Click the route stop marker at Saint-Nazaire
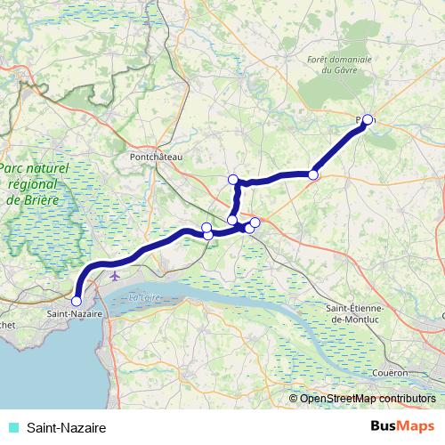pyautogui.click(x=76, y=301)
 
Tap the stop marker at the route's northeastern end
pyautogui.click(x=367, y=119)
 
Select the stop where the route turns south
pyautogui.click(x=234, y=180)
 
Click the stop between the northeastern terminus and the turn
pyautogui.click(x=313, y=174)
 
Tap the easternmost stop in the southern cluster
pyautogui.click(x=255, y=222)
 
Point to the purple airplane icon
pyautogui.click(x=115, y=276)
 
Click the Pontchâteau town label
pyautogui.click(x=156, y=157)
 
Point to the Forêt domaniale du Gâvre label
pyautogui.click(x=338, y=64)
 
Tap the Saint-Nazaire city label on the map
pyautogui.click(x=74, y=314)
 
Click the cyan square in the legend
pyautogui.click(x=12, y=427)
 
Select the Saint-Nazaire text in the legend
pyautogui.click(x=65, y=427)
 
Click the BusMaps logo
pyautogui.click(x=403, y=426)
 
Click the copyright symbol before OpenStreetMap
pyautogui.click(x=294, y=398)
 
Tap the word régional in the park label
pyautogui.click(x=32, y=184)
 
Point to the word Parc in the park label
pyautogui.click(x=15, y=167)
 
